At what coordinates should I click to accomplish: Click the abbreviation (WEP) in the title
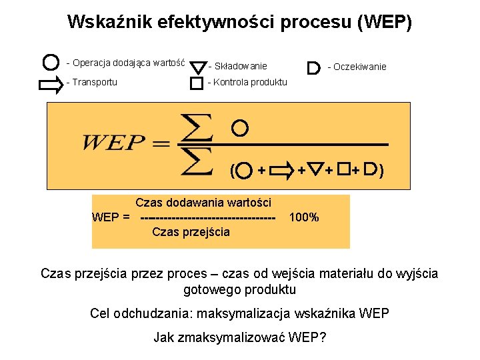pos(385,22)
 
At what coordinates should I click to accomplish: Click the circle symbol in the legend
pos(50,63)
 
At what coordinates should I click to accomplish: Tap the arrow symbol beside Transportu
pos(50,83)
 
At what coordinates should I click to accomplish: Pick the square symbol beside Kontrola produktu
pos(196,84)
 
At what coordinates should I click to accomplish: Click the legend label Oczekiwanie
pos(359,67)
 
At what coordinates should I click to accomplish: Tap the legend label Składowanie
pos(237,66)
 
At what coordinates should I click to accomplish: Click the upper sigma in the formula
pos(197,127)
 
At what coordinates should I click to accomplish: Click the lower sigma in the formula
pos(197,161)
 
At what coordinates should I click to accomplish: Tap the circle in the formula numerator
pos(241,127)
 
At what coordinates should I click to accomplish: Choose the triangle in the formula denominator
pos(317,170)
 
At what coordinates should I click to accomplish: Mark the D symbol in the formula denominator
pos(371,170)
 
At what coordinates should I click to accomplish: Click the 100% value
pos(304,217)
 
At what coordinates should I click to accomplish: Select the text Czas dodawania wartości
pos(203,203)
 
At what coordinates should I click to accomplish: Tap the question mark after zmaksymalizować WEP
pos(323,337)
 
